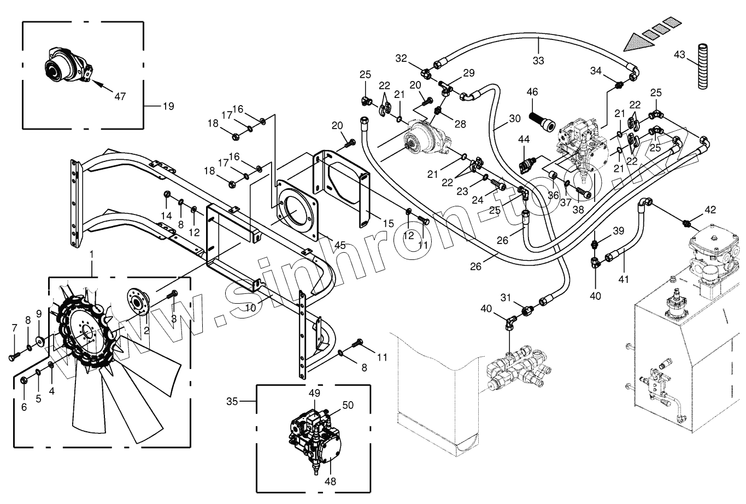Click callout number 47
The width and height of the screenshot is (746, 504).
point(120,96)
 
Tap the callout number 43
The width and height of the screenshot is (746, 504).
point(679,55)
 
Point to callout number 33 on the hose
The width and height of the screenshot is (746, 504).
point(538,61)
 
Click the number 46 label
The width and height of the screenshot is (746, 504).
point(532,92)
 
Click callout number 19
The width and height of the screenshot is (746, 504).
point(168,106)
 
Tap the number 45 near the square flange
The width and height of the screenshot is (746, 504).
point(339,246)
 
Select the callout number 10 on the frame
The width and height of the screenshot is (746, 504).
point(250,308)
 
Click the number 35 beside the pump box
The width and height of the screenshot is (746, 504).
point(232,402)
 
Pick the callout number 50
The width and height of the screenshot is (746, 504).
point(348,405)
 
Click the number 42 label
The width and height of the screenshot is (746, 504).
point(709,210)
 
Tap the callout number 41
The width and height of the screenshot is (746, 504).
point(624,279)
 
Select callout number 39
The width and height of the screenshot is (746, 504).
point(618,231)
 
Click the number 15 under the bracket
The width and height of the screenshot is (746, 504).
point(388,224)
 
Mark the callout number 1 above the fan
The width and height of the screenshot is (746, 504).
point(92,254)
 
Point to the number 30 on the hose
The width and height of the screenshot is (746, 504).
point(514,119)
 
